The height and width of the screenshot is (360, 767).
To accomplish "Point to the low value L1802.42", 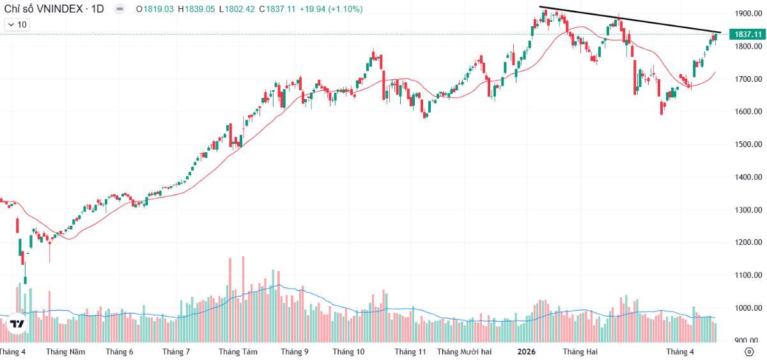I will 236,9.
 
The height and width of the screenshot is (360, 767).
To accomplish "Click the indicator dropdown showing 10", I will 17,24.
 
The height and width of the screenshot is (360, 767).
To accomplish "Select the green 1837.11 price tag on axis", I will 748,34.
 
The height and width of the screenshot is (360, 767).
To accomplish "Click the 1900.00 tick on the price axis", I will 748,13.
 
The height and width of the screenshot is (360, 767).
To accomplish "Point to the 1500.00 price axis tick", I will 748,145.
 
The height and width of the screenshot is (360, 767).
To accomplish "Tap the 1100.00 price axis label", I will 748,275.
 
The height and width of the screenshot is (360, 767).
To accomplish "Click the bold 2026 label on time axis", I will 526,352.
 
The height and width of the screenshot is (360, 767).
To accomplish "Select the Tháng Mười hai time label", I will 464,352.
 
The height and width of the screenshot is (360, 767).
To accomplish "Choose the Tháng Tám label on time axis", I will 238,352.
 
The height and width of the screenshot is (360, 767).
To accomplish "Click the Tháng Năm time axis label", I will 65,352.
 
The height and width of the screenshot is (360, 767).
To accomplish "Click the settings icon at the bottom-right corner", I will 749,352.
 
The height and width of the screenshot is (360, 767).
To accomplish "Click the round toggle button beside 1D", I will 120,9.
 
